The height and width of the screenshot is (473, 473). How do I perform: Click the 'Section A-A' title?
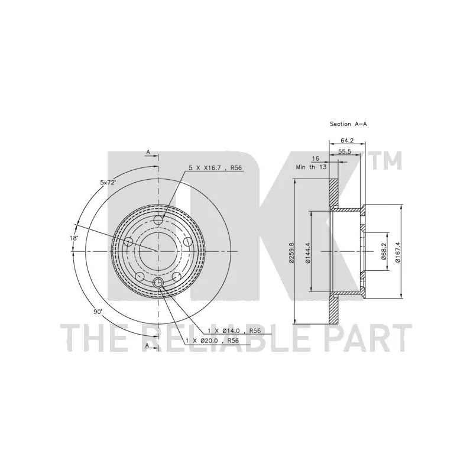click(348, 124)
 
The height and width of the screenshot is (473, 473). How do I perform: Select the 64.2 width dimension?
click(347, 140)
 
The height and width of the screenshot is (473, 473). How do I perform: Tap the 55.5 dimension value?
click(345, 152)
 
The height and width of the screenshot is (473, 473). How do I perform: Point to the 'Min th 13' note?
click(312, 167)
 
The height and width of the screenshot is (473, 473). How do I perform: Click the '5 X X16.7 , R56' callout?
click(215, 168)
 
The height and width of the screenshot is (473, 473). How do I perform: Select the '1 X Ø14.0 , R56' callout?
click(234, 331)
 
